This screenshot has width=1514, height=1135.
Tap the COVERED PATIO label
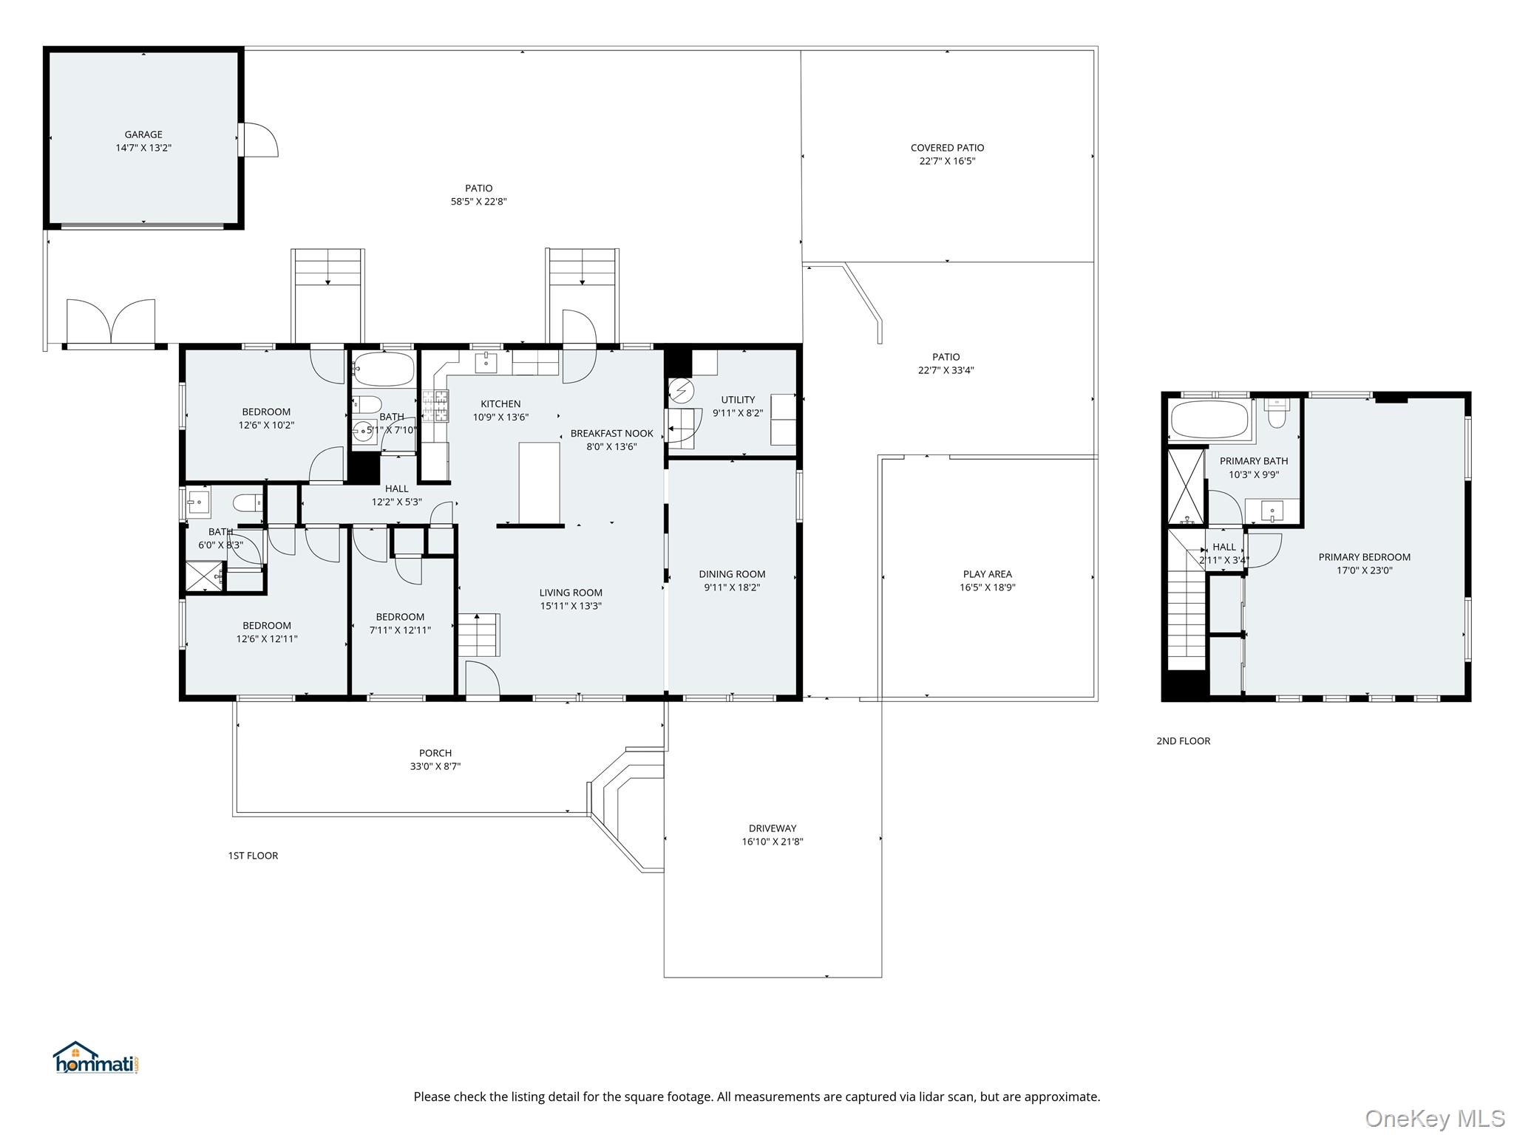(947, 148)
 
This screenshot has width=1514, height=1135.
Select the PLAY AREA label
(987, 574)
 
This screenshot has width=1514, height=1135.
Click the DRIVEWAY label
(773, 828)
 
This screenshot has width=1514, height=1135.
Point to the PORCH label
(435, 753)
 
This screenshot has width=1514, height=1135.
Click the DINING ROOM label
(732, 574)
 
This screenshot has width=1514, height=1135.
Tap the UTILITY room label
(738, 400)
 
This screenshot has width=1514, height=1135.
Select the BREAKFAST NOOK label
(611, 434)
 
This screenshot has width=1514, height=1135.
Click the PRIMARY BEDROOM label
(1364, 557)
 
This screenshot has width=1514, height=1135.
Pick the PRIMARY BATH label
(1254, 461)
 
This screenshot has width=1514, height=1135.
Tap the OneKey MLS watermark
(1435, 1119)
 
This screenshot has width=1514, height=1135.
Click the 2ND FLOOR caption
(1183, 741)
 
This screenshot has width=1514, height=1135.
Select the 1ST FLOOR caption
(253, 856)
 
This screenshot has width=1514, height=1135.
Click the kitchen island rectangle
(539, 483)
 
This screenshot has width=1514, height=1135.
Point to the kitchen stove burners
(435, 406)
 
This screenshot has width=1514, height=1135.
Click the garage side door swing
(259, 140)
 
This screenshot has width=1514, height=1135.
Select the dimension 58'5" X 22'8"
(478, 202)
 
